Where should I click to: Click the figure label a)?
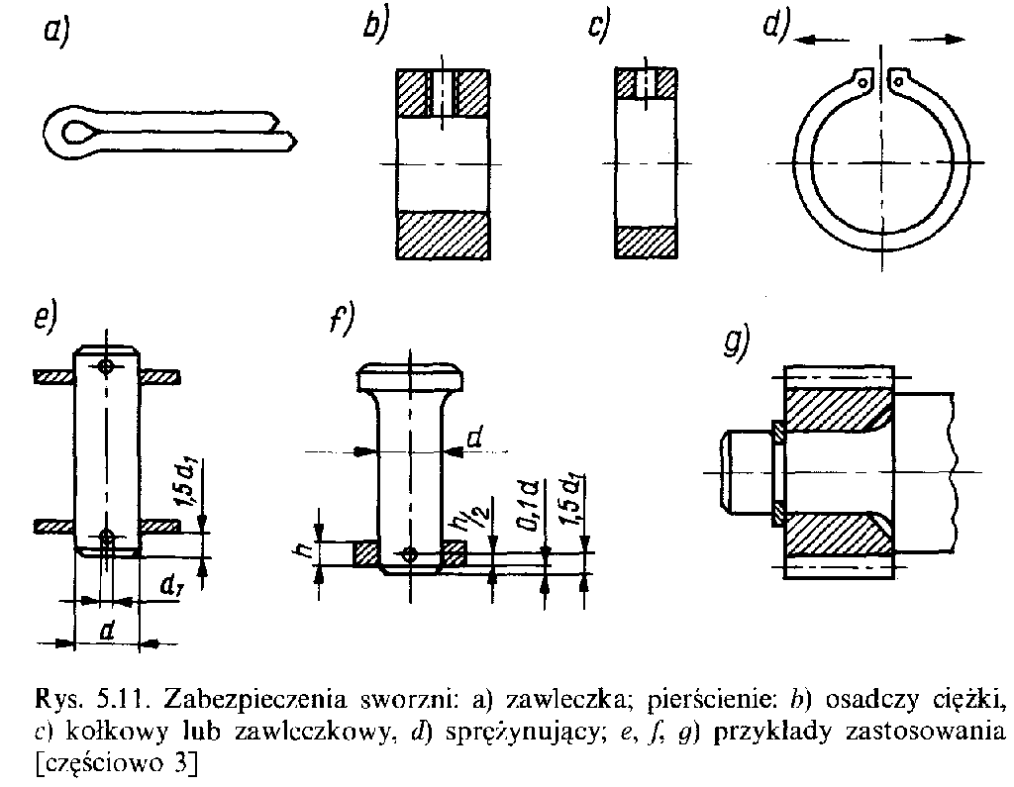(56, 34)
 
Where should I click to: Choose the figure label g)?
(737, 341)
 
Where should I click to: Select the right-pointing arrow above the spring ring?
(936, 38)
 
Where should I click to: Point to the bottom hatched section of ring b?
(444, 235)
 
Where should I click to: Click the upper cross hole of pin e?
(106, 366)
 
